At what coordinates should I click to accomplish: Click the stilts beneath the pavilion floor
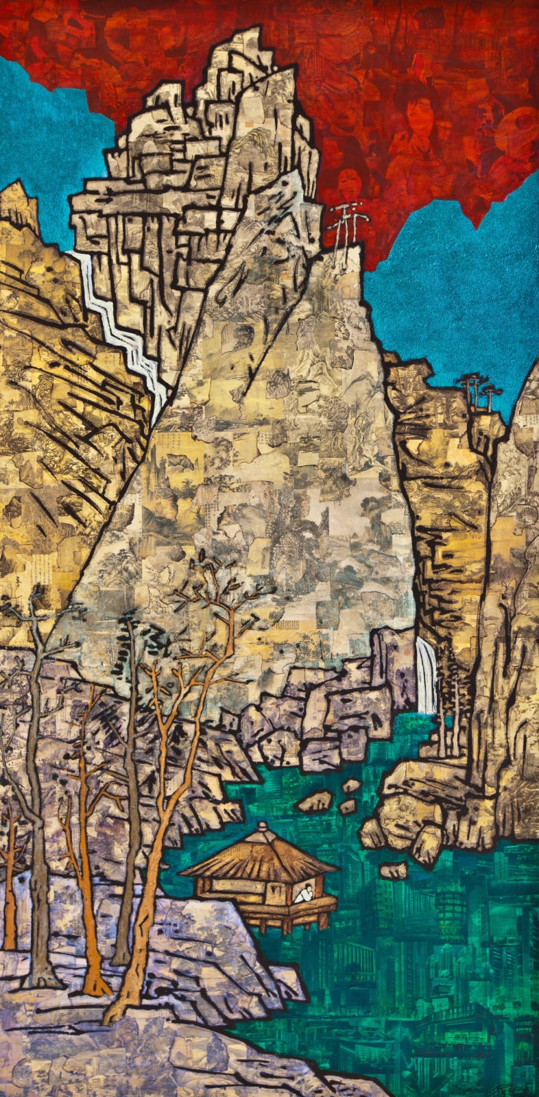click(274, 922)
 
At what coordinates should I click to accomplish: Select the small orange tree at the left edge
click(10, 891)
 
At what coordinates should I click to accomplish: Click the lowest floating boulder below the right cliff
click(392, 871)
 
